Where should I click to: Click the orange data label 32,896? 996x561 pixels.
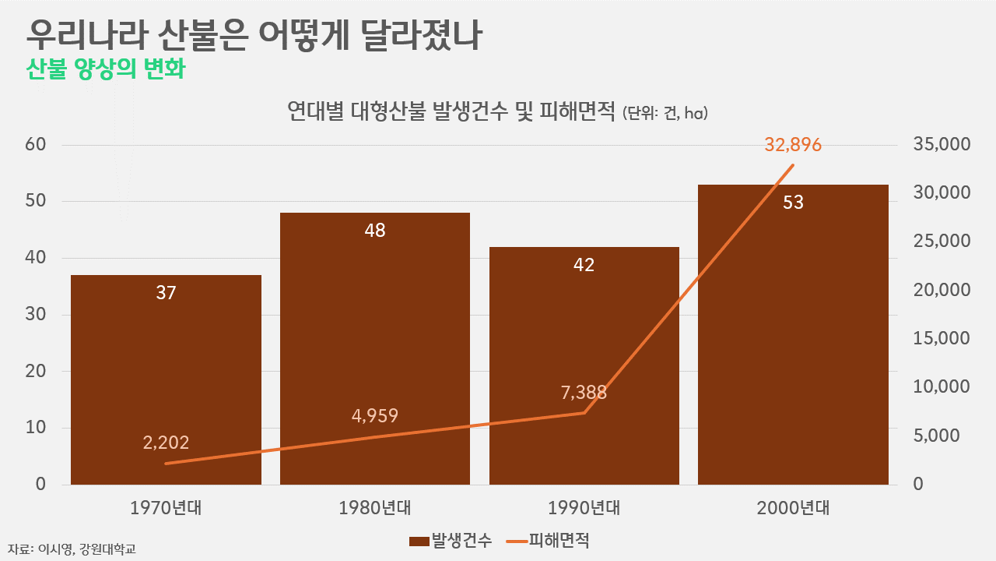tap(793, 145)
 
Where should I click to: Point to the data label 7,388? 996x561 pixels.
tap(584, 392)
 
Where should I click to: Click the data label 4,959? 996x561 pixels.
tap(375, 415)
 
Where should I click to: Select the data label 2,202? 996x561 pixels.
tap(166, 443)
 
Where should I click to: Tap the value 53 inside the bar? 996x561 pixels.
tap(793, 203)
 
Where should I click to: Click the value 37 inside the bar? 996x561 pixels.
tap(166, 293)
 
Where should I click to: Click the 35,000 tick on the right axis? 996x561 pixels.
tap(943, 145)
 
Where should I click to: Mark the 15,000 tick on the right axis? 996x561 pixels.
tap(943, 339)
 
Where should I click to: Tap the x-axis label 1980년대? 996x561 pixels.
tap(375, 509)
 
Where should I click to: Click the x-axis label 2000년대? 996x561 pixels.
tap(793, 509)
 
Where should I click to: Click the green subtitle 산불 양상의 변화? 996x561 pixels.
tap(105, 69)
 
